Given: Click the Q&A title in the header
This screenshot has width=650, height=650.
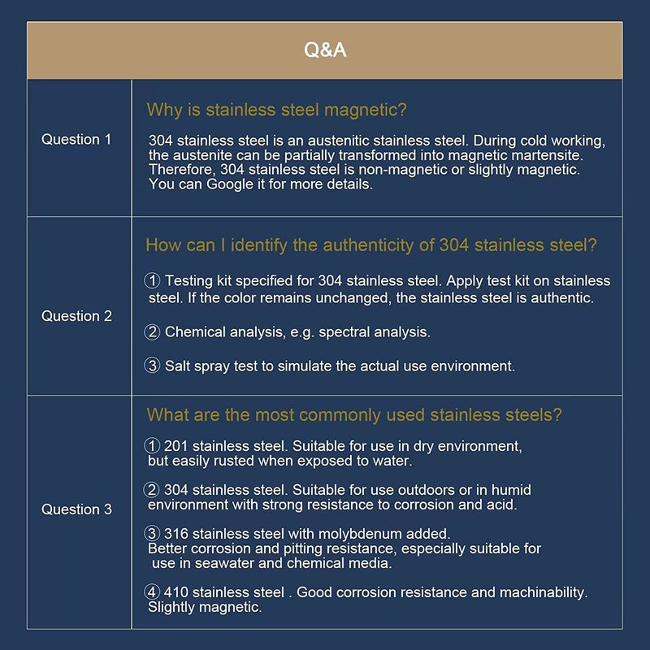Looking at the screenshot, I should click(325, 50).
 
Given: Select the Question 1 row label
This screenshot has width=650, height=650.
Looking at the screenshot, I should click(76, 140).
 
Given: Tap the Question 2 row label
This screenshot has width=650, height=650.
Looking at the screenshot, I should click(76, 316).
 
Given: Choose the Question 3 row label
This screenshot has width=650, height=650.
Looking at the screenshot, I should click(76, 509).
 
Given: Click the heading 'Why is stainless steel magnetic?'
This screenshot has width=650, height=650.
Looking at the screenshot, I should click(276, 110).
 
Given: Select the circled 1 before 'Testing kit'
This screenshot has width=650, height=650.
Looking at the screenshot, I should click(153, 281).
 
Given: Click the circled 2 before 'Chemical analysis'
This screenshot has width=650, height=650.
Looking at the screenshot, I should click(153, 331).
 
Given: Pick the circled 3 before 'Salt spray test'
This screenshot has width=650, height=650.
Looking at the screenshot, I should click(153, 366).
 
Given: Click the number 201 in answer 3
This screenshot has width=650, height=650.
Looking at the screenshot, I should click(175, 446).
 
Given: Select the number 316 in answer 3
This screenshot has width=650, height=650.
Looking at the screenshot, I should click(176, 534).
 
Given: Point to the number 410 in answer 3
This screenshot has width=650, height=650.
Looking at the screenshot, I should click(176, 592).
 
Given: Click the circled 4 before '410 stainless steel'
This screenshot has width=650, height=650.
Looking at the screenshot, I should click(153, 592).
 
